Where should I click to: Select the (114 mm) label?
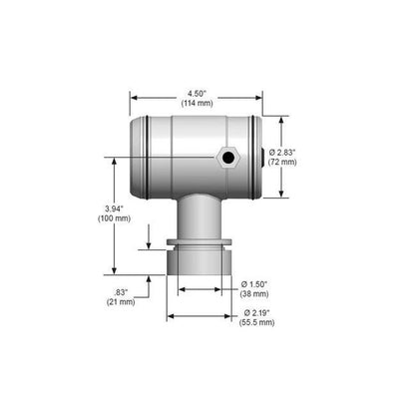click(x=197, y=103)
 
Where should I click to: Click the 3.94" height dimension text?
click(x=116, y=208)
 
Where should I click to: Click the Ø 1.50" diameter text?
click(x=254, y=284)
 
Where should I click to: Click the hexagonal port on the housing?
click(x=228, y=157)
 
